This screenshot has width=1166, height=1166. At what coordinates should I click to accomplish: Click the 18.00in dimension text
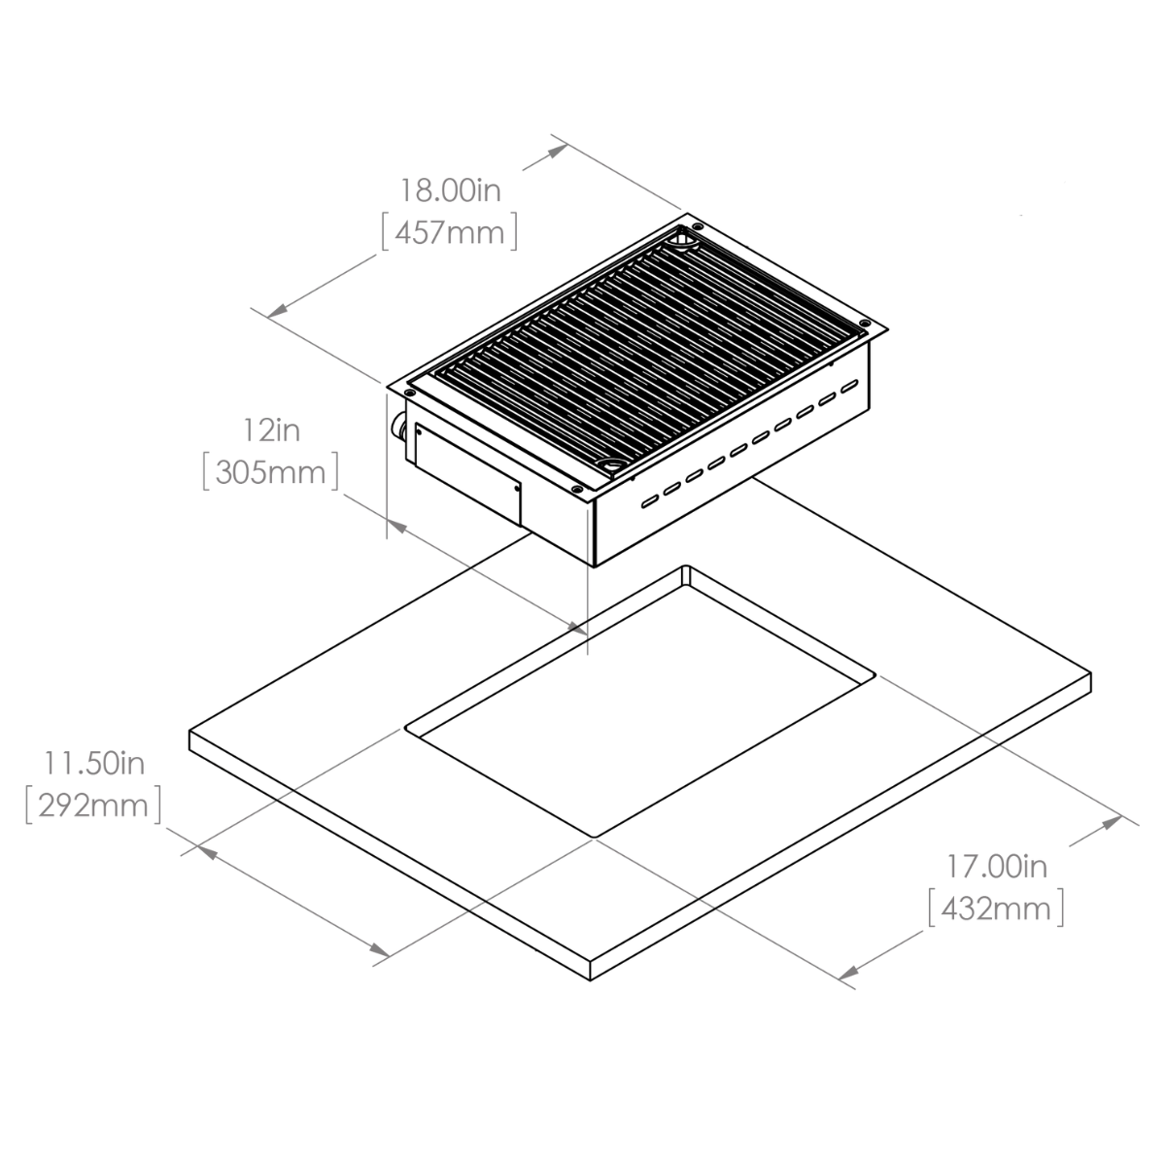pyautogui.click(x=451, y=190)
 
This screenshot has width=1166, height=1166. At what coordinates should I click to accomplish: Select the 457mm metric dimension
pyautogui.click(x=450, y=233)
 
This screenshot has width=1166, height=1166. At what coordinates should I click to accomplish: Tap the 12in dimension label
pyautogui.click(x=272, y=430)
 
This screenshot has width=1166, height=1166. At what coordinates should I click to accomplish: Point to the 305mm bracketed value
pyautogui.click(x=270, y=472)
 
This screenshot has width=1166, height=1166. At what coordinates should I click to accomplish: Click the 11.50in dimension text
pyautogui.click(x=94, y=764)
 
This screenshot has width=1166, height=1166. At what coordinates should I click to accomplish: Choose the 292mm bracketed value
pyautogui.click(x=93, y=806)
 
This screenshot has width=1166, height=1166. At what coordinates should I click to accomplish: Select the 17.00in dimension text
pyautogui.click(x=997, y=867)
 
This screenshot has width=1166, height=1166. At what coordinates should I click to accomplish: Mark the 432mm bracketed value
pyautogui.click(x=996, y=909)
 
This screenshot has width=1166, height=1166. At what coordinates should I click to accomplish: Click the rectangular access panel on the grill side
pyautogui.click(x=467, y=472)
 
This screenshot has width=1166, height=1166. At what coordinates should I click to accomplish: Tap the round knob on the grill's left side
pyautogui.click(x=399, y=428)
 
